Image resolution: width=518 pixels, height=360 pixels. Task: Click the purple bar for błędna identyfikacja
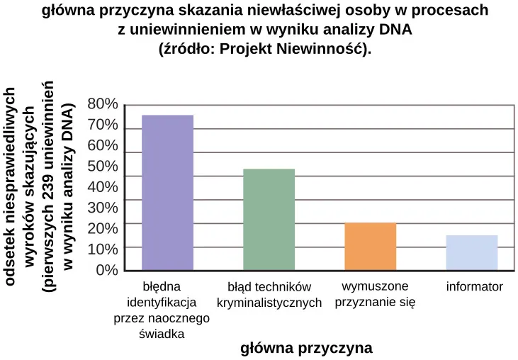click(168, 192)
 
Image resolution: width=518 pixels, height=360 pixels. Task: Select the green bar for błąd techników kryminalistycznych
click(269, 219)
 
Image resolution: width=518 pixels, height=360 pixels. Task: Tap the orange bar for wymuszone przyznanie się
click(370, 246)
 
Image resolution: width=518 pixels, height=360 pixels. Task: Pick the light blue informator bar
click(471, 252)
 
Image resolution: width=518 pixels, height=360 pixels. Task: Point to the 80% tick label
click(103, 104)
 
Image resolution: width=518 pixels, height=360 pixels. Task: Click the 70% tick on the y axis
click(103, 125)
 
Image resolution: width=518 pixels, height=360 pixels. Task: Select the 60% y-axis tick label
click(103, 146)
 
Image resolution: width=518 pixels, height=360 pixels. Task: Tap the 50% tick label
click(103, 167)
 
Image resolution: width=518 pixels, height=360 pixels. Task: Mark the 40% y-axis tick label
click(103, 187)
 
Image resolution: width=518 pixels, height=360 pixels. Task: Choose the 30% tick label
click(103, 208)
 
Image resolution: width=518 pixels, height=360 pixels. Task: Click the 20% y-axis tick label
click(103, 228)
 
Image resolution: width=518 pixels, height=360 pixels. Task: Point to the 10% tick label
click(103, 249)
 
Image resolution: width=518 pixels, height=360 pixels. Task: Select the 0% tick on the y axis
click(106, 270)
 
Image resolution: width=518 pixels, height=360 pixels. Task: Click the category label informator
click(474, 287)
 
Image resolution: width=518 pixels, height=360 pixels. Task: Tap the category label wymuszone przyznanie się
click(375, 294)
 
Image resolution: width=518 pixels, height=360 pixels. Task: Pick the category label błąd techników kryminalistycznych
click(269, 296)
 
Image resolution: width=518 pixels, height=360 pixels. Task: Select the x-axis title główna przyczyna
click(307, 348)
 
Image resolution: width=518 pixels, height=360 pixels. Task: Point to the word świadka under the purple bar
click(162, 334)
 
